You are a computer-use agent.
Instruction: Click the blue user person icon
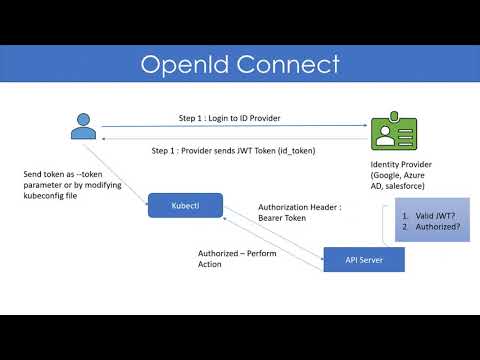pos(82,127)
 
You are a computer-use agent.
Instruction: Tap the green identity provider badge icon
pos(389,134)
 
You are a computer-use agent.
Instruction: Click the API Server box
pos(364,260)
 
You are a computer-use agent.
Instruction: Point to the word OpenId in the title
pos(187,66)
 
